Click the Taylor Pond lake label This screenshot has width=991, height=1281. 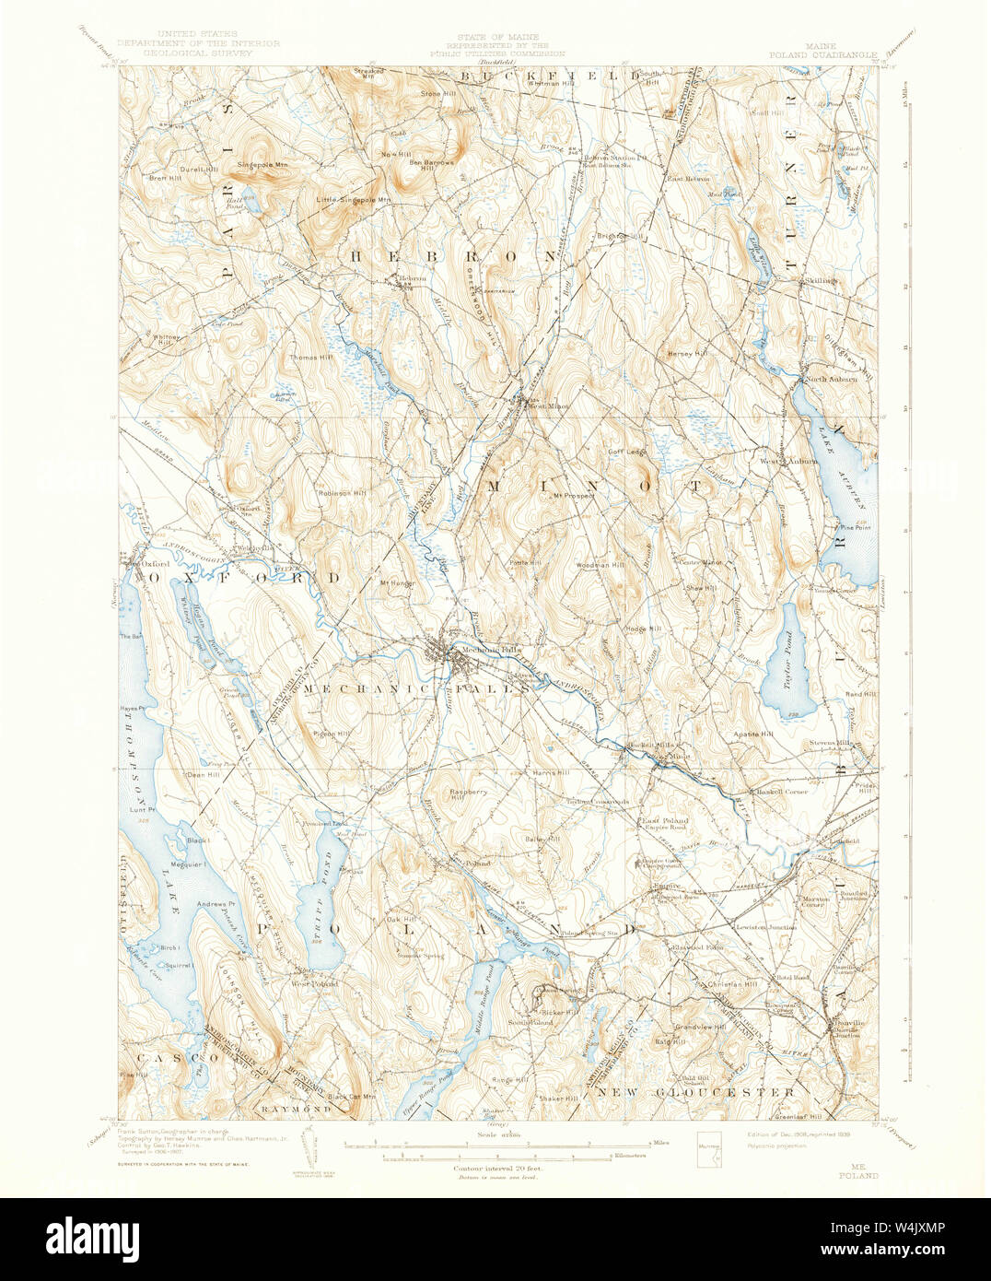click(x=789, y=660)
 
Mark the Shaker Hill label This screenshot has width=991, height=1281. click(x=559, y=1099)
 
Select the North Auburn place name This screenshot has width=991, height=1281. click(x=831, y=379)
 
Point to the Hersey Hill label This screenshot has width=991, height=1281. click(x=687, y=353)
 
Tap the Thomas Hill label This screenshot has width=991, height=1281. click(x=311, y=357)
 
